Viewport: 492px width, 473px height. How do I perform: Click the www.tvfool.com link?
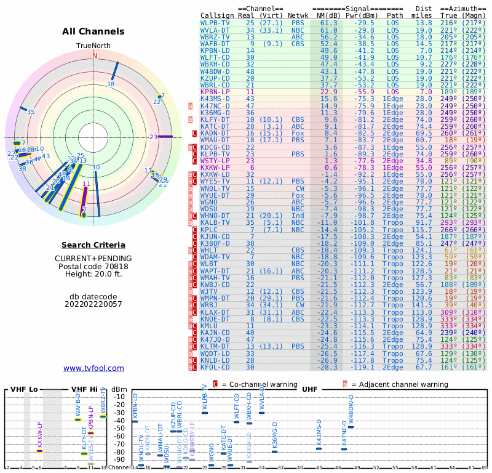coord(93,368)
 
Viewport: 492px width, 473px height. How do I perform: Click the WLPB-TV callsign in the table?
coord(215,22)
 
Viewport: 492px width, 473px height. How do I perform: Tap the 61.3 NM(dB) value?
coord(328,22)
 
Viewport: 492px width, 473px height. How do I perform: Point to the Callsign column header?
coord(218,15)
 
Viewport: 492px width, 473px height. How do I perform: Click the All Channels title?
coord(93,31)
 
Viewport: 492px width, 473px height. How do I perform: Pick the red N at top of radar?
coord(95,55)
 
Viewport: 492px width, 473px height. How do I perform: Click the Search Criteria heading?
coord(93,245)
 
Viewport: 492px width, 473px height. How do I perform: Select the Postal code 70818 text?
coord(93,268)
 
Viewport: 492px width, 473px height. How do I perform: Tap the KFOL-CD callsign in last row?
coord(215,367)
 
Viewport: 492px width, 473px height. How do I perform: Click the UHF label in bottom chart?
coord(309,389)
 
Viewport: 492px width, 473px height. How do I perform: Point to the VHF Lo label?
coord(24,389)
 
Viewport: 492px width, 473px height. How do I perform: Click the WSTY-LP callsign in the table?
coord(215,160)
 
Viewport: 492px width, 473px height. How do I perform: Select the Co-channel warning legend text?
coord(260,384)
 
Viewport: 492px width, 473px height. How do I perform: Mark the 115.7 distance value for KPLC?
coord(422,229)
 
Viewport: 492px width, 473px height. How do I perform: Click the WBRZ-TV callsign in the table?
coord(215,36)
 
